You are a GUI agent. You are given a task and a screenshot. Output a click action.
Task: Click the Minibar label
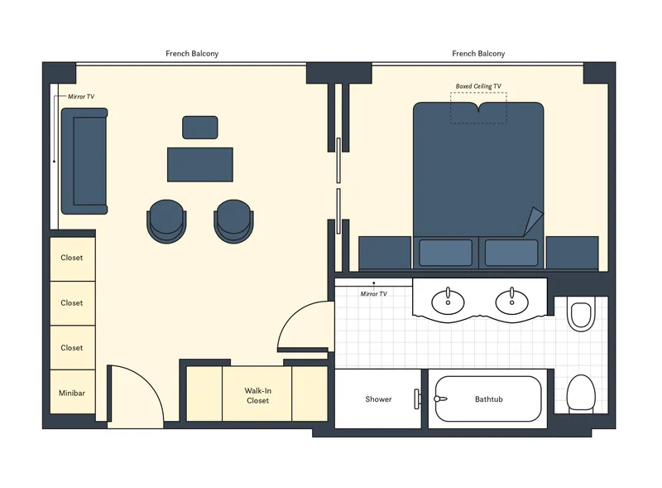(72, 393)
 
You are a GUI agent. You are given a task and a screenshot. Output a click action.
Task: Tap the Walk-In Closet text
(257, 395)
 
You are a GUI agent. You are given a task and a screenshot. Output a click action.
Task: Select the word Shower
(378, 399)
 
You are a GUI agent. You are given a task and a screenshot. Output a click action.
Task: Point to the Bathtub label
(488, 399)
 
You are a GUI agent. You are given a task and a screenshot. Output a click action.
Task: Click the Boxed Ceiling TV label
(478, 86)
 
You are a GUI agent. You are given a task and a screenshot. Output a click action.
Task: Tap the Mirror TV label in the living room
(81, 97)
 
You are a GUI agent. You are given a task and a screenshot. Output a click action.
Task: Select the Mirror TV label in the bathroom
(373, 294)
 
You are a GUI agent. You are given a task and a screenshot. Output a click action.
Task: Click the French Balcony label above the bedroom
(478, 54)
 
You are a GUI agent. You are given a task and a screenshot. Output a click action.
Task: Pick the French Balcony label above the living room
(192, 54)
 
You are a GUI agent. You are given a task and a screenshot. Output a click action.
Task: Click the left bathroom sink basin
(449, 302)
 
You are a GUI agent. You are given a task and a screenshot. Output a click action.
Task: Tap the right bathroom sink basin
(511, 302)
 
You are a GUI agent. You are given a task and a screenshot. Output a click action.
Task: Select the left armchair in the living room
(167, 220)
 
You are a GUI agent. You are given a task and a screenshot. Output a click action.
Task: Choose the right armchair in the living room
(235, 220)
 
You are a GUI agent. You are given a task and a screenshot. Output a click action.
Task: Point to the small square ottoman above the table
(200, 128)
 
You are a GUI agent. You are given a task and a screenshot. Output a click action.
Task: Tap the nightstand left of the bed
(385, 253)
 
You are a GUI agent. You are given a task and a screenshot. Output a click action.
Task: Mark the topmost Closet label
(72, 258)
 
